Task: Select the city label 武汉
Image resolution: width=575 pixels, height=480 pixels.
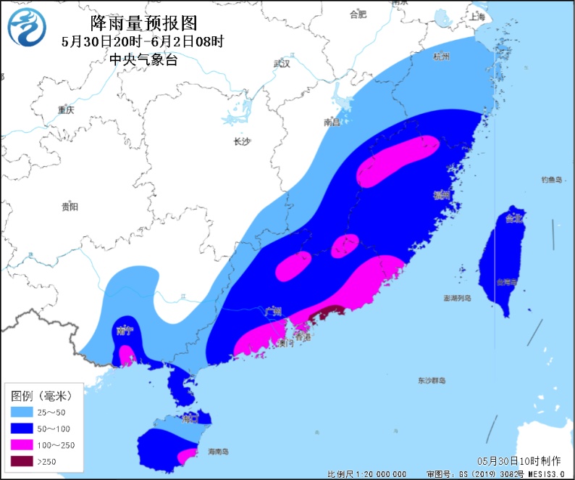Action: tap(282, 64)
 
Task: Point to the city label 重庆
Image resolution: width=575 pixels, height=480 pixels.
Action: tap(66, 110)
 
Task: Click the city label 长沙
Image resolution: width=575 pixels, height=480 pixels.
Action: tap(241, 141)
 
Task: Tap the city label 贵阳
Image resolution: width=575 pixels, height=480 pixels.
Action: tap(70, 207)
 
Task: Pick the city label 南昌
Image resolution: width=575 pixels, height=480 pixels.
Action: tap(332, 123)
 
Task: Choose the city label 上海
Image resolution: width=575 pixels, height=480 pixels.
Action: tap(476, 16)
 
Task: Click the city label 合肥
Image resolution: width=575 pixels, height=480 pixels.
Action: tap(358, 14)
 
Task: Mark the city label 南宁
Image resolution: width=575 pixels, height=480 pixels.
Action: tap(124, 331)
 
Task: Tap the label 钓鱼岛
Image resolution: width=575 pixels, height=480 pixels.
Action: tap(551, 180)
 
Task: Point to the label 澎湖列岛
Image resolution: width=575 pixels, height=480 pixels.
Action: tap(457, 298)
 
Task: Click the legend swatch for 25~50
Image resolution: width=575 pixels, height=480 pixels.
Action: tap(23, 413)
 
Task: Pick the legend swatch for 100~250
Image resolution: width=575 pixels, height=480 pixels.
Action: tap(23, 444)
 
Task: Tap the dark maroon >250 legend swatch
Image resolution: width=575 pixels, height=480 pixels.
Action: tap(23, 460)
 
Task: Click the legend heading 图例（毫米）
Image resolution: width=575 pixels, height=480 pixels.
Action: tap(42, 396)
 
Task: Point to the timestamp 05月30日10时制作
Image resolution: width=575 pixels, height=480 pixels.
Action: tap(519, 460)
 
